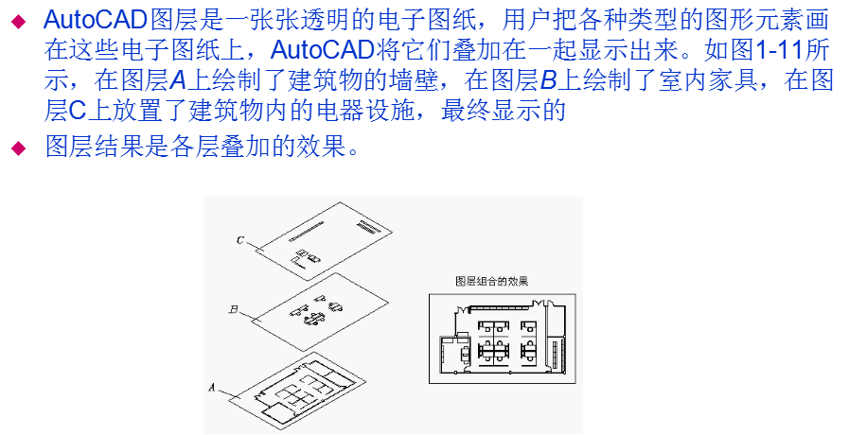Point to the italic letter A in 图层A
point(181,82)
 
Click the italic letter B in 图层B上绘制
point(547,82)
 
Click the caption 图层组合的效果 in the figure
point(491,282)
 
